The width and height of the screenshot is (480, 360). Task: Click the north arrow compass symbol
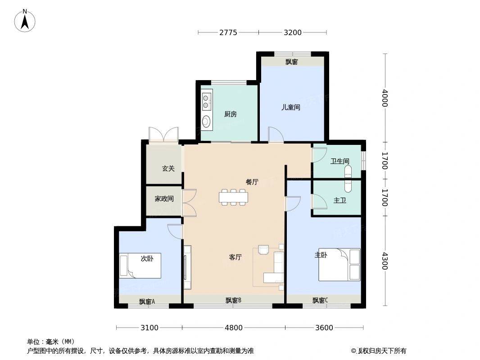25,21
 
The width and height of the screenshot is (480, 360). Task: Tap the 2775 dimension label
228,32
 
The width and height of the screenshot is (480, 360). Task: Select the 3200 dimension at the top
293,32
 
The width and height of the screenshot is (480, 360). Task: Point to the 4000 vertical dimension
385,98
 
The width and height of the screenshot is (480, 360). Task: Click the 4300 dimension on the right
385,261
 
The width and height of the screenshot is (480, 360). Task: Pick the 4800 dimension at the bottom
234,328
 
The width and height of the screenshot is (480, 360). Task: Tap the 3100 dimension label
149,328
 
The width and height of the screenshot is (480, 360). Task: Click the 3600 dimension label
324,328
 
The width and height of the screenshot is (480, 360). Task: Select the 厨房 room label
230,114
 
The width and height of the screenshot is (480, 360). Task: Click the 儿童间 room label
290,108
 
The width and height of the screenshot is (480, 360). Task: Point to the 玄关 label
168,168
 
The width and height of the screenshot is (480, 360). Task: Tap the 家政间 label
164,199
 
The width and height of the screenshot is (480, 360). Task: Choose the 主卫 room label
340,200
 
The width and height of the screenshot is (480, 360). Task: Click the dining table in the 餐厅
233,197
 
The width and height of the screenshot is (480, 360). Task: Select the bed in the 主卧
339,265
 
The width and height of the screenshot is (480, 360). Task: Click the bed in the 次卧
140,265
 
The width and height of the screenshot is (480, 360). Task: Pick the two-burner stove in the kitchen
207,102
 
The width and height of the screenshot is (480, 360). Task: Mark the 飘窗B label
234,300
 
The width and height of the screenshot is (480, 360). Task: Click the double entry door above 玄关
163,134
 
